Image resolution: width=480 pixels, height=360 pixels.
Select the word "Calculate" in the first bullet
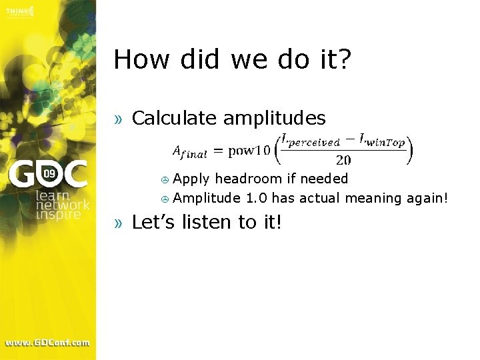point(175,119)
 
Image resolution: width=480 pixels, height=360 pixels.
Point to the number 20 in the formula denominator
point(343,160)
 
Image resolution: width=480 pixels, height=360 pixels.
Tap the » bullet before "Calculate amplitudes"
point(119,119)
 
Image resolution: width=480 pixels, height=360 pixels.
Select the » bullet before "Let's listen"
point(119,223)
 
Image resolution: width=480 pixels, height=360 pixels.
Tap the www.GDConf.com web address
point(47,343)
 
